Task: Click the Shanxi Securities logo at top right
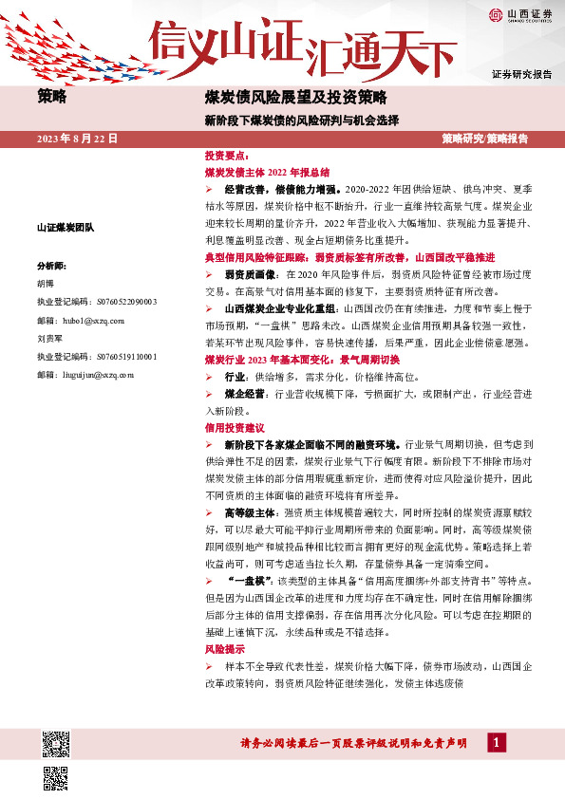click(x=519, y=15)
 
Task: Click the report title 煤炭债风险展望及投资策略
click(x=295, y=97)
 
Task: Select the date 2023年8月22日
click(x=77, y=139)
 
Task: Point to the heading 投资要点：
click(x=227, y=154)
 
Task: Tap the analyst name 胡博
click(x=46, y=284)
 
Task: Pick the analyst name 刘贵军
click(x=49, y=339)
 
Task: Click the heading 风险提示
click(x=225, y=650)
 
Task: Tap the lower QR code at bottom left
click(x=55, y=778)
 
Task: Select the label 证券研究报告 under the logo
click(x=521, y=74)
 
